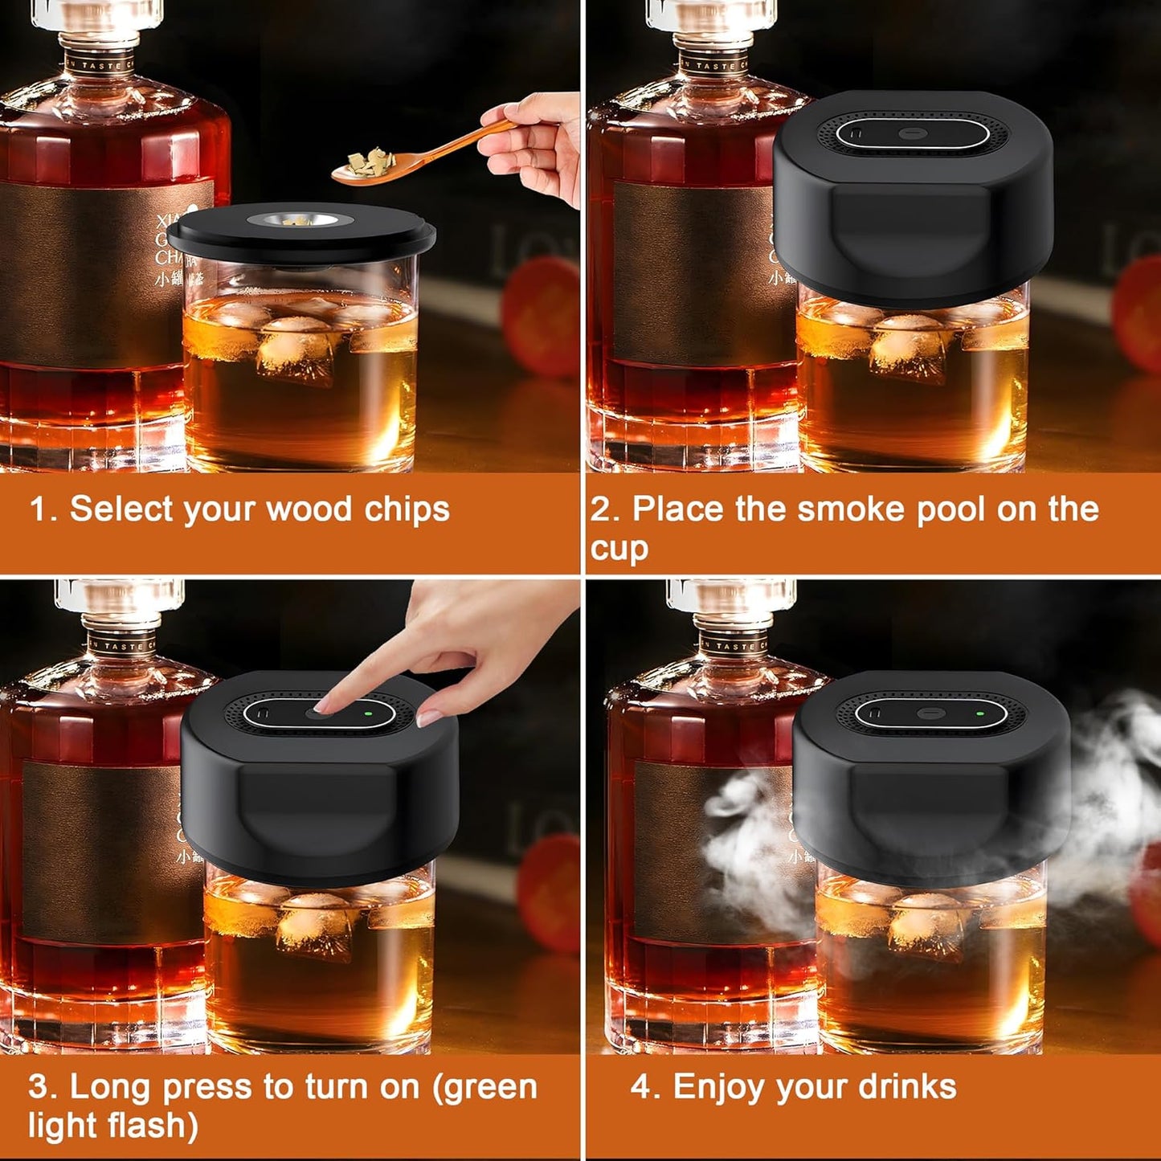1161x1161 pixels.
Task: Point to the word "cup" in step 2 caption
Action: (x=619, y=550)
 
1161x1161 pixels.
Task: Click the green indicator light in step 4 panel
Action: (x=979, y=712)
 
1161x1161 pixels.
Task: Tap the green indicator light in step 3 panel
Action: (x=366, y=712)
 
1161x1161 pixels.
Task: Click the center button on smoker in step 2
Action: (x=912, y=133)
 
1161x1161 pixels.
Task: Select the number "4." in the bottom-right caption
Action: (x=645, y=1086)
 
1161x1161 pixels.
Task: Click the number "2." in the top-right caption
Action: (x=604, y=509)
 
